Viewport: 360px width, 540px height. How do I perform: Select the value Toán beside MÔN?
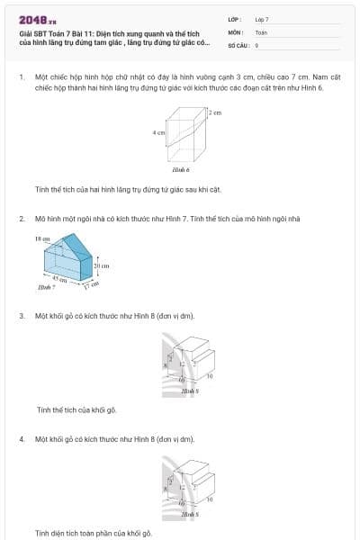point(261,31)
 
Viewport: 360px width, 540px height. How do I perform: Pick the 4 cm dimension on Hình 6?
point(158,132)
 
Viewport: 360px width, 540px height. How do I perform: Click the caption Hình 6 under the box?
point(180,169)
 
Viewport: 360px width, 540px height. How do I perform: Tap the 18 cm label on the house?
point(42,238)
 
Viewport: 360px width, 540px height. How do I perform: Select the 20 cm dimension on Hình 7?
point(102,266)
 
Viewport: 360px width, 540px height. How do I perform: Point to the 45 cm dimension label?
point(58,281)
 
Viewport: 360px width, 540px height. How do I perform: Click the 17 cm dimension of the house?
point(90,285)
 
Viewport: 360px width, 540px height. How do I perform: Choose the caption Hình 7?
point(42,287)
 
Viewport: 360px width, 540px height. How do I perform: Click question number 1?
point(21,77)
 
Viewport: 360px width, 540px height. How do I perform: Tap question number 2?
point(21,219)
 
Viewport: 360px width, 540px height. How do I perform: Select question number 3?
point(21,316)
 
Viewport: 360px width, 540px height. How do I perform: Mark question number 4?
point(21,438)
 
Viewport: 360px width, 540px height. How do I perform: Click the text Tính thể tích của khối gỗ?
point(76,409)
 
